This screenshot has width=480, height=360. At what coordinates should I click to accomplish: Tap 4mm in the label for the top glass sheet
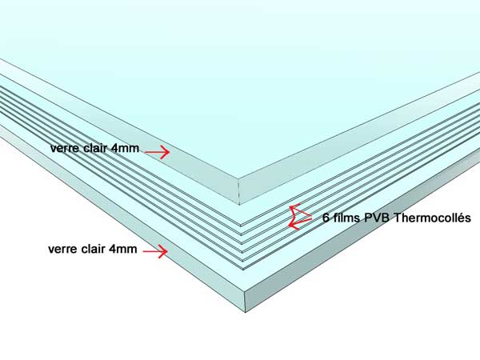pyautogui.click(x=125, y=148)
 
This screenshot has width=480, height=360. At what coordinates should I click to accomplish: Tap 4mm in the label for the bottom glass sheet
pyautogui.click(x=122, y=249)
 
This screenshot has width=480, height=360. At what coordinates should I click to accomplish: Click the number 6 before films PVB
pyautogui.click(x=326, y=218)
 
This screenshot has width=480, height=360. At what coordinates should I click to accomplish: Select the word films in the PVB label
pyautogui.click(x=347, y=218)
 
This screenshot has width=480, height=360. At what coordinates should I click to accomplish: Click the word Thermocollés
pyautogui.click(x=432, y=218)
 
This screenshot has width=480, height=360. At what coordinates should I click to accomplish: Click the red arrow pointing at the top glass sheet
pyautogui.click(x=158, y=152)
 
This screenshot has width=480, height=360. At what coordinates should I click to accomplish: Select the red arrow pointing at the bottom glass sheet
pyautogui.click(x=155, y=252)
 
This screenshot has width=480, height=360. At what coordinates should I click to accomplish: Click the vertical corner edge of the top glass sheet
pyautogui.click(x=238, y=191)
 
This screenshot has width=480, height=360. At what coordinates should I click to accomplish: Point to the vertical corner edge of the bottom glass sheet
pyautogui.click(x=246, y=302)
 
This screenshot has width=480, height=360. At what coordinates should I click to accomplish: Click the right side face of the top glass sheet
pyautogui.click(x=359, y=139)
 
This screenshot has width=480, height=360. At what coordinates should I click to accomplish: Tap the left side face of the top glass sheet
pyautogui.click(x=118, y=132)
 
